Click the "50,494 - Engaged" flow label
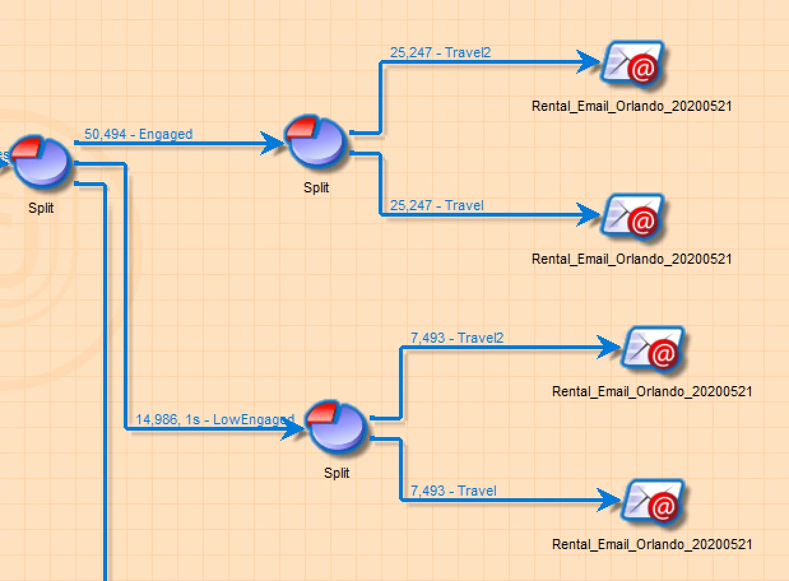coord(138,134)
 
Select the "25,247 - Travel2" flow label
coord(440,52)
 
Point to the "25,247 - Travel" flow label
coord(437,205)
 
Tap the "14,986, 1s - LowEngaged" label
coord(215,419)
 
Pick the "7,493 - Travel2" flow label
coord(457,338)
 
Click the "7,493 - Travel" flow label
coord(453,491)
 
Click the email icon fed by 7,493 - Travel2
coord(653,349)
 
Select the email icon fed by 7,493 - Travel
coord(653,502)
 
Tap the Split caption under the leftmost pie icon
coord(41,208)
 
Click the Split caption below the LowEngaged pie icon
coord(337,473)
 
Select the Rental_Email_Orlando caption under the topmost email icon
coord(632,106)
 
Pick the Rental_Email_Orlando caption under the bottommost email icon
coord(652,544)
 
